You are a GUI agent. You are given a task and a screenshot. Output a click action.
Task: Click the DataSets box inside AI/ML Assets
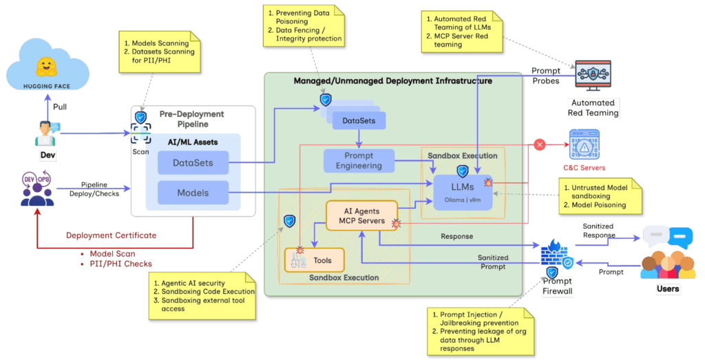[x=193, y=163]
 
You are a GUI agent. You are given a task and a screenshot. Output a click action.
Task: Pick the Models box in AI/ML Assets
[x=193, y=193]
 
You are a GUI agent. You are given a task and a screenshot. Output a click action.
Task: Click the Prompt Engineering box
[x=358, y=160]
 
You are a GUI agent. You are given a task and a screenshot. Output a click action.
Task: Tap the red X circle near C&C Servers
[x=540, y=145]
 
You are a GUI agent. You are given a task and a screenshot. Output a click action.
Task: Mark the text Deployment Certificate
[x=111, y=235]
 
